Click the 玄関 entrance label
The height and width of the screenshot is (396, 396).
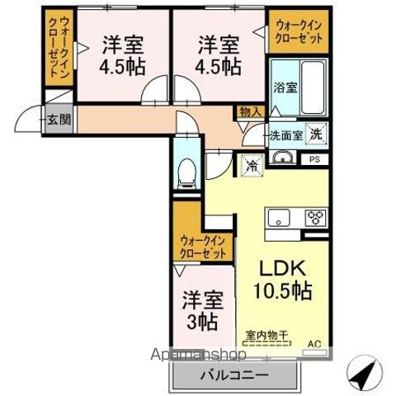[x=58, y=119]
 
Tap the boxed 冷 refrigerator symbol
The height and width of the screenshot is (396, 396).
[x=250, y=165]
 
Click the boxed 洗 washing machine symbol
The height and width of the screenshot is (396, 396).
[x=316, y=134]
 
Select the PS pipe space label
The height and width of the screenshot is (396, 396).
[x=314, y=160]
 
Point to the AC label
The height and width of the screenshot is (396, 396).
[x=314, y=343]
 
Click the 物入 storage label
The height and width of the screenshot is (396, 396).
[x=249, y=111]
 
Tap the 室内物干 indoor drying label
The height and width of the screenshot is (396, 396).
[x=266, y=336]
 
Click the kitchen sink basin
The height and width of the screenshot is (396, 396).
[x=276, y=218]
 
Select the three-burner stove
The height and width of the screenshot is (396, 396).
[x=317, y=218]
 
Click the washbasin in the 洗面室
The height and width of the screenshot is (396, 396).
[x=283, y=158]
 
